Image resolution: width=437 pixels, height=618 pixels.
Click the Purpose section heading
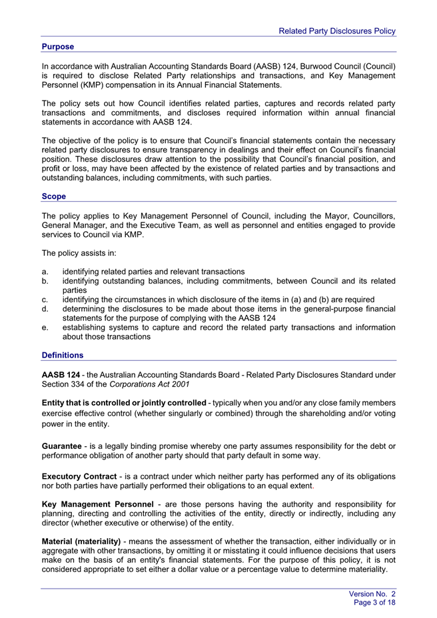(x=57, y=47)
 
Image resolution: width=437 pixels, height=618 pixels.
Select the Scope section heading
(x=53, y=196)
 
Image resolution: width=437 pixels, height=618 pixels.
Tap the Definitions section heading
(x=63, y=355)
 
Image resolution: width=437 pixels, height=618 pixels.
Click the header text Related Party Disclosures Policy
(x=336, y=31)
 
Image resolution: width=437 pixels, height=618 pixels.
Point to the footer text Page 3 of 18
(x=375, y=602)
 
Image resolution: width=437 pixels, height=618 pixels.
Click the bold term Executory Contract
(x=81, y=477)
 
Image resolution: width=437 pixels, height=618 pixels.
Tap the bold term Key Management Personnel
(x=97, y=505)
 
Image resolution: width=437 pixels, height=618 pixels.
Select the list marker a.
(x=45, y=271)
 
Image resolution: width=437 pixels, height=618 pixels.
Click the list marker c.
(x=45, y=299)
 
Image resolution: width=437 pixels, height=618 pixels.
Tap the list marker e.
(x=45, y=327)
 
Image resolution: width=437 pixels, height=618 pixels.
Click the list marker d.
(x=45, y=308)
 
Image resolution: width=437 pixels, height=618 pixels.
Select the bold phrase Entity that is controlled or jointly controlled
(x=124, y=403)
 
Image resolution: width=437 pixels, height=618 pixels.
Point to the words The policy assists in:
(x=81, y=253)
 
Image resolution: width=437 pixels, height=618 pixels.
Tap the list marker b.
(x=45, y=280)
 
